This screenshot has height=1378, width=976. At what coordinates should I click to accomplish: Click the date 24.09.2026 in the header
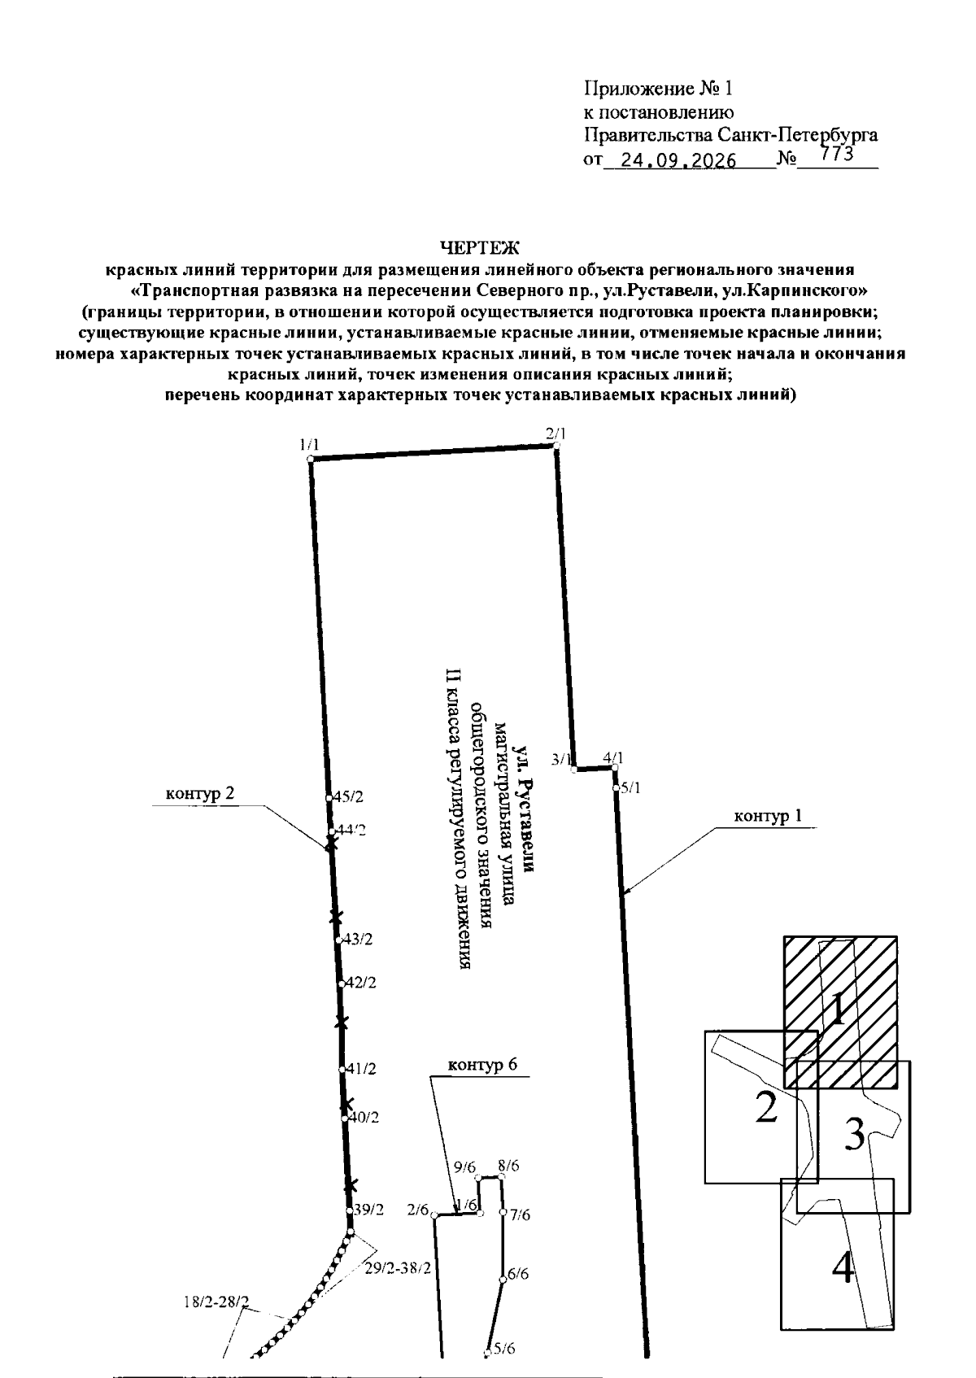[x=678, y=160]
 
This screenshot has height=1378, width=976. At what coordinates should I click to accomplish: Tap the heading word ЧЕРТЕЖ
[x=480, y=247]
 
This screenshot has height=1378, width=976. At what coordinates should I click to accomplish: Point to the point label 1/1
[x=309, y=444]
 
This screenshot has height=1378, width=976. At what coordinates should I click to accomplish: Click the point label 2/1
[x=556, y=434]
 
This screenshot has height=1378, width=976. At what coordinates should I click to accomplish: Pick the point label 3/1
[x=561, y=759]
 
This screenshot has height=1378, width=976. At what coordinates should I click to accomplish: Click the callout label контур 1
[x=768, y=817]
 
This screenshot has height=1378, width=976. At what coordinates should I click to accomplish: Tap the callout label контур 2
[x=200, y=794]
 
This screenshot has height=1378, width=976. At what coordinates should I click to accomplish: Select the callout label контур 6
[x=482, y=1065]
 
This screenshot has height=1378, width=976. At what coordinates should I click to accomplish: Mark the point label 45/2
[x=348, y=796]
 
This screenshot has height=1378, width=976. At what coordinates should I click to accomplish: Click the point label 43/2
[x=357, y=940]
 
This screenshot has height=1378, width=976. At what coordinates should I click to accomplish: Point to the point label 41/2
[x=361, y=1069]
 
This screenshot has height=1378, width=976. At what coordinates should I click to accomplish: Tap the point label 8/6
[x=508, y=1166]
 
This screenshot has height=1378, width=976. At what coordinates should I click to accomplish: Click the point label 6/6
[x=518, y=1274]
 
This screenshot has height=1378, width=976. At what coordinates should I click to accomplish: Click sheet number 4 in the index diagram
[x=843, y=1268]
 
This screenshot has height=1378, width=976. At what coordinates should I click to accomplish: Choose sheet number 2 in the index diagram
[x=766, y=1106]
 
